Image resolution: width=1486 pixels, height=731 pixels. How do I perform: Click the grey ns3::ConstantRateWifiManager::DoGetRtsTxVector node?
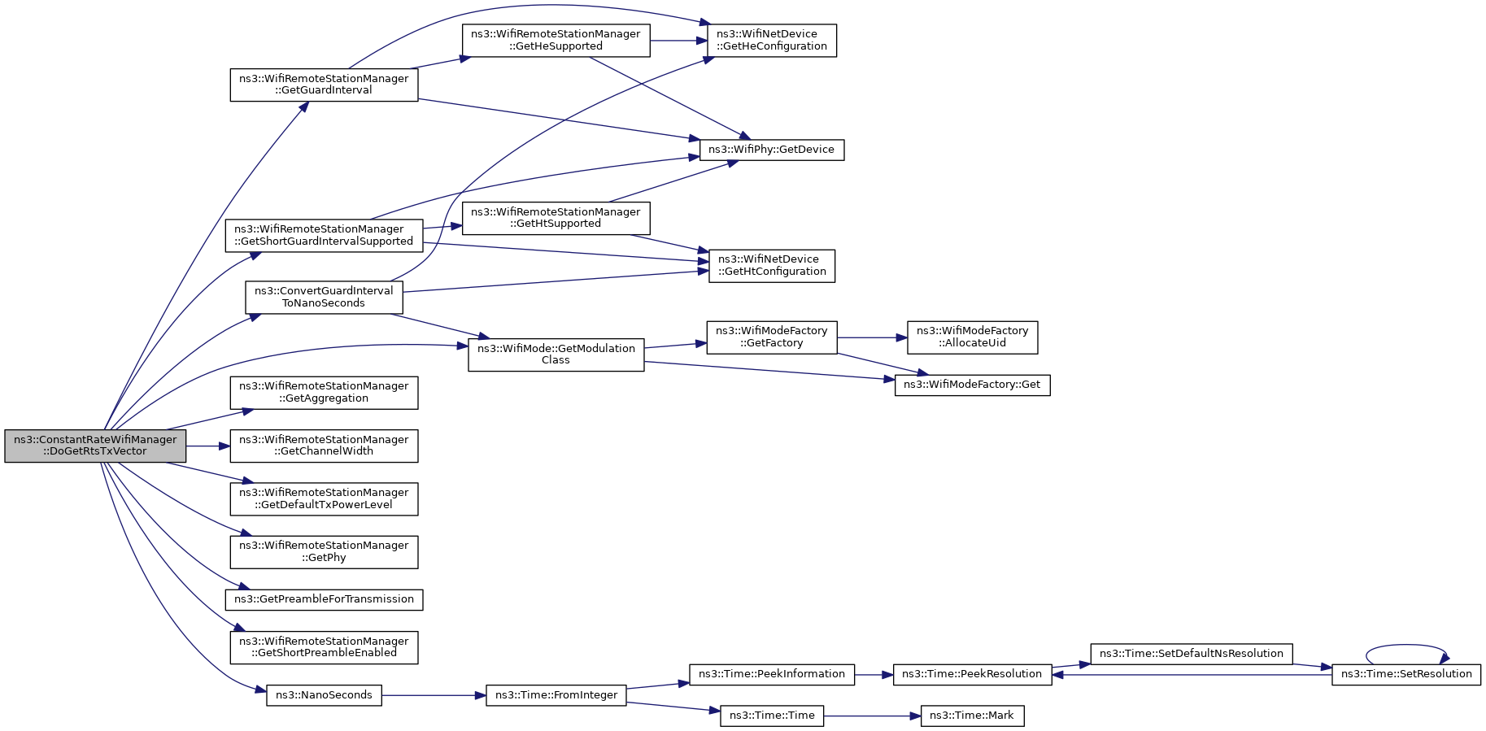tap(95, 446)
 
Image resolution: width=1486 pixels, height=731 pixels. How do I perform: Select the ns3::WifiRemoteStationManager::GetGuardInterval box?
tap(324, 85)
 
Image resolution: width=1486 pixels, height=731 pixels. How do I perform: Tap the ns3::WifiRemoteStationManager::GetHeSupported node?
tap(556, 40)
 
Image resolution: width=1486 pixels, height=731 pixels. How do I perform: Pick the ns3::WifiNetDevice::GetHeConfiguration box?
tap(772, 40)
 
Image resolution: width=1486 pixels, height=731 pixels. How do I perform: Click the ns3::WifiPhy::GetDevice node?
tap(772, 150)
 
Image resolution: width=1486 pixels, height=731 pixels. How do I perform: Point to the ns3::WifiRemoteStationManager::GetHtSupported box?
tap(556, 218)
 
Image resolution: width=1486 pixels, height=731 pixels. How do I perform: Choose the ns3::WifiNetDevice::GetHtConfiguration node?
tap(772, 266)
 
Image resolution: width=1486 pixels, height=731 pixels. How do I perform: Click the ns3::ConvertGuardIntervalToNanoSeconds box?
tap(324, 297)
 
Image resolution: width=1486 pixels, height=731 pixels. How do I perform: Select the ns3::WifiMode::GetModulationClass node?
tap(556, 355)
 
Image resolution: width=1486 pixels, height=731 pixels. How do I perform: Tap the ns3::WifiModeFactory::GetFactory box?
tap(772, 337)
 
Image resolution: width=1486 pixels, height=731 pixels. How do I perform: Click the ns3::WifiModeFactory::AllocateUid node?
tap(973, 337)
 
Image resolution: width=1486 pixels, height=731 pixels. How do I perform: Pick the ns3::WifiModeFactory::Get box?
tap(973, 385)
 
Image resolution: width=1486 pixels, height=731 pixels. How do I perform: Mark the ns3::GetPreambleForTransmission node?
tap(324, 599)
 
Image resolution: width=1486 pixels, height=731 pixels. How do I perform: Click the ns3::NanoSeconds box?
tap(324, 695)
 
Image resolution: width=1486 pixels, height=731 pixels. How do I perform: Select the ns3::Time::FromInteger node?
tap(556, 695)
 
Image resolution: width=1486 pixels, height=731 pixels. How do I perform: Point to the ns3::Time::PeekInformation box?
tap(772, 674)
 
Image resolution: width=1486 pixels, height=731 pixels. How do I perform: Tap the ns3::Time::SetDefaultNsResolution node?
tap(1192, 654)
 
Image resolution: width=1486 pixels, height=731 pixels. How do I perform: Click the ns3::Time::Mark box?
tap(973, 716)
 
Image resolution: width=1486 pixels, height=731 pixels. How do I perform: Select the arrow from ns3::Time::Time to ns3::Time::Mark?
tap(872, 716)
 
